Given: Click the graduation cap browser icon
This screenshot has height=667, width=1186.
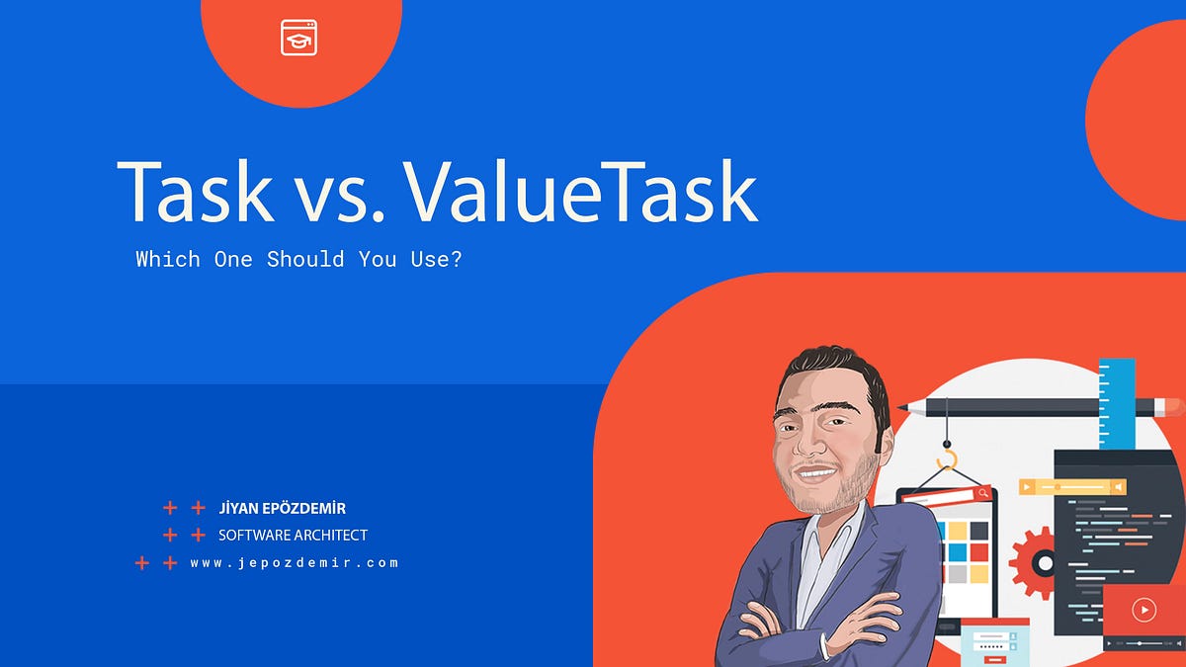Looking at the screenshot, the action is click(x=298, y=38).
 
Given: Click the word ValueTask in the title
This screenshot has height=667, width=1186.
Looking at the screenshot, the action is click(x=581, y=191).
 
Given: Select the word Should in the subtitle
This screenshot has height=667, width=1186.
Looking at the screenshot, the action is click(x=305, y=259).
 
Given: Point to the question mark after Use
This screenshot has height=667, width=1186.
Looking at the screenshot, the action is click(x=456, y=259).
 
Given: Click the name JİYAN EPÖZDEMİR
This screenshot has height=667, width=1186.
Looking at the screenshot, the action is click(x=283, y=508).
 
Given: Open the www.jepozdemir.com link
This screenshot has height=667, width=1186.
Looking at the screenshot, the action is click(x=295, y=562).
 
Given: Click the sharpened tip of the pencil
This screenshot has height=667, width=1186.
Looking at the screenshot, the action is click(x=902, y=407).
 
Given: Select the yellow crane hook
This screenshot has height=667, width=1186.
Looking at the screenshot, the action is click(x=947, y=459).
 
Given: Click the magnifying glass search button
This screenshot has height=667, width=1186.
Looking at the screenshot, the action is click(x=983, y=493).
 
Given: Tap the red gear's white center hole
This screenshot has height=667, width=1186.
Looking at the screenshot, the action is click(x=1046, y=563).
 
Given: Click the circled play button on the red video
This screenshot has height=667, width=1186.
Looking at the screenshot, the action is click(x=1144, y=610).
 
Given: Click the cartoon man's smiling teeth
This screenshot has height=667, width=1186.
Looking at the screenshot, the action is click(x=814, y=472).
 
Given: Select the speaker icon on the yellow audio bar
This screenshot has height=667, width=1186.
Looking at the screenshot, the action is click(x=1118, y=486).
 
